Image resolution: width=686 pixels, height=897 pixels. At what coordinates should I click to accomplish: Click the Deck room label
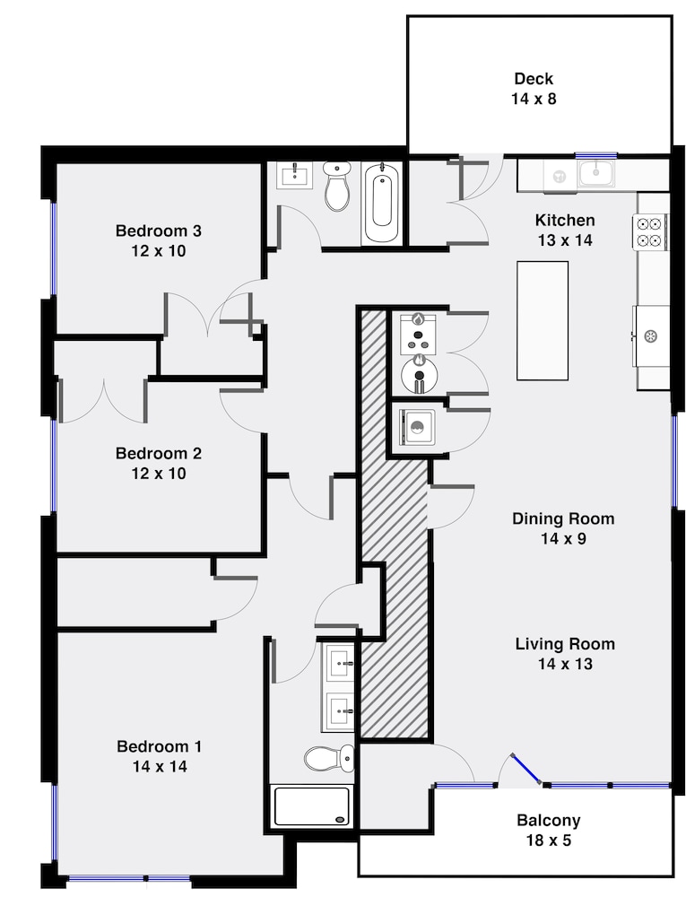point(534,78)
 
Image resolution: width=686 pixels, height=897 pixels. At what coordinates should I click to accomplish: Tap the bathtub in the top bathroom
point(382,202)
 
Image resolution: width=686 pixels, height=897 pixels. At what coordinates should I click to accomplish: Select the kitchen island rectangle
point(543,320)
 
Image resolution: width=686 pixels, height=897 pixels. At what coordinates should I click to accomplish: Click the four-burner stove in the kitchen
point(650,231)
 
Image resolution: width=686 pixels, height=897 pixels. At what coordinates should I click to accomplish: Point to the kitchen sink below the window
point(596,173)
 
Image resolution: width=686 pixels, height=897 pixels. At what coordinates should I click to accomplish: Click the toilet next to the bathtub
point(337,185)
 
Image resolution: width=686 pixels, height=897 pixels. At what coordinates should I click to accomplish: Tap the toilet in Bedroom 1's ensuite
point(329,758)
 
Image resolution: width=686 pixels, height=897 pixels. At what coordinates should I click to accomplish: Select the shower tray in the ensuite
point(311,806)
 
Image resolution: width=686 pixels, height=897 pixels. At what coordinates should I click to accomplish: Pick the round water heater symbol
point(420,373)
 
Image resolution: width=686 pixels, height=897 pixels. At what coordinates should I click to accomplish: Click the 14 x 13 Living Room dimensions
point(565,664)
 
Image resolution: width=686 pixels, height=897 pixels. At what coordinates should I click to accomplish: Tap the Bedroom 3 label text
point(159,231)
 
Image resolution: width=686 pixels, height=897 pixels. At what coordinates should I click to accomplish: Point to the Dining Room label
point(563,518)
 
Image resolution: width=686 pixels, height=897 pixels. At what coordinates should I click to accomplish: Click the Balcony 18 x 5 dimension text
point(549,840)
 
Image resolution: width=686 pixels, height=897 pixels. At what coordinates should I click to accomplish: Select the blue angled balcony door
point(526,769)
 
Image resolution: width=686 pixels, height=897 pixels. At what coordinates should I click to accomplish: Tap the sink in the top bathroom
point(295,175)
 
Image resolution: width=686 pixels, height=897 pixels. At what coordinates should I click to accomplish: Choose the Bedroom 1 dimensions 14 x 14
point(160,766)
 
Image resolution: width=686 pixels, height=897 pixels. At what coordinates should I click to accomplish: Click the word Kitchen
point(565,220)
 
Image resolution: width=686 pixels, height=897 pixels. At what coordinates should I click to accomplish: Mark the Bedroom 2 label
point(159,453)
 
